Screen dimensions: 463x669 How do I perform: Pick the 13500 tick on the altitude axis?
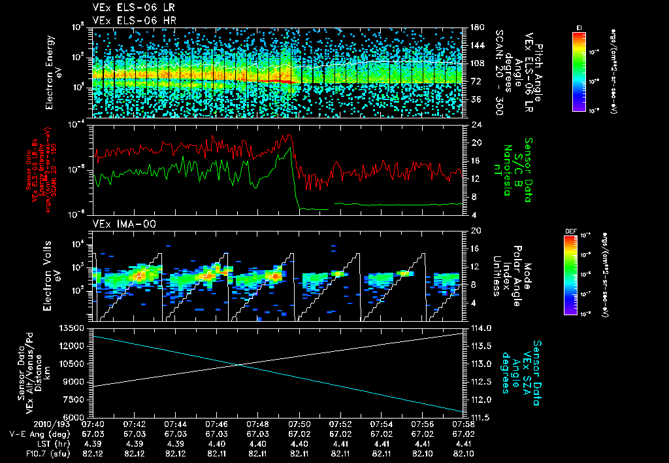point(72,328)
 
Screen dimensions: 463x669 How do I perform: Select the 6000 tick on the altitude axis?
point(75,417)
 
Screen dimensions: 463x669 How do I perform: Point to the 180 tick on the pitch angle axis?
point(473,28)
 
